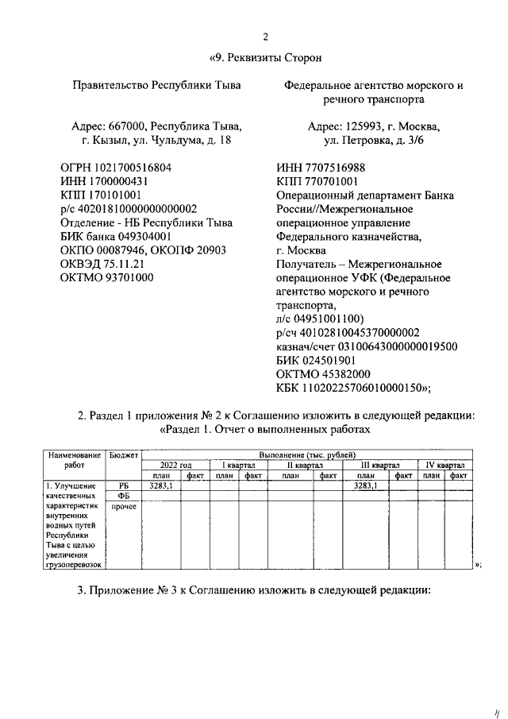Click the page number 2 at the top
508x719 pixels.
click(266, 36)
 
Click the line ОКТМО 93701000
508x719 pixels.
click(107, 278)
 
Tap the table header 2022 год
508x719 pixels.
click(175, 466)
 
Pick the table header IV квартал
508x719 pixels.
click(444, 466)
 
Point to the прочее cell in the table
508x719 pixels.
click(122, 506)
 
